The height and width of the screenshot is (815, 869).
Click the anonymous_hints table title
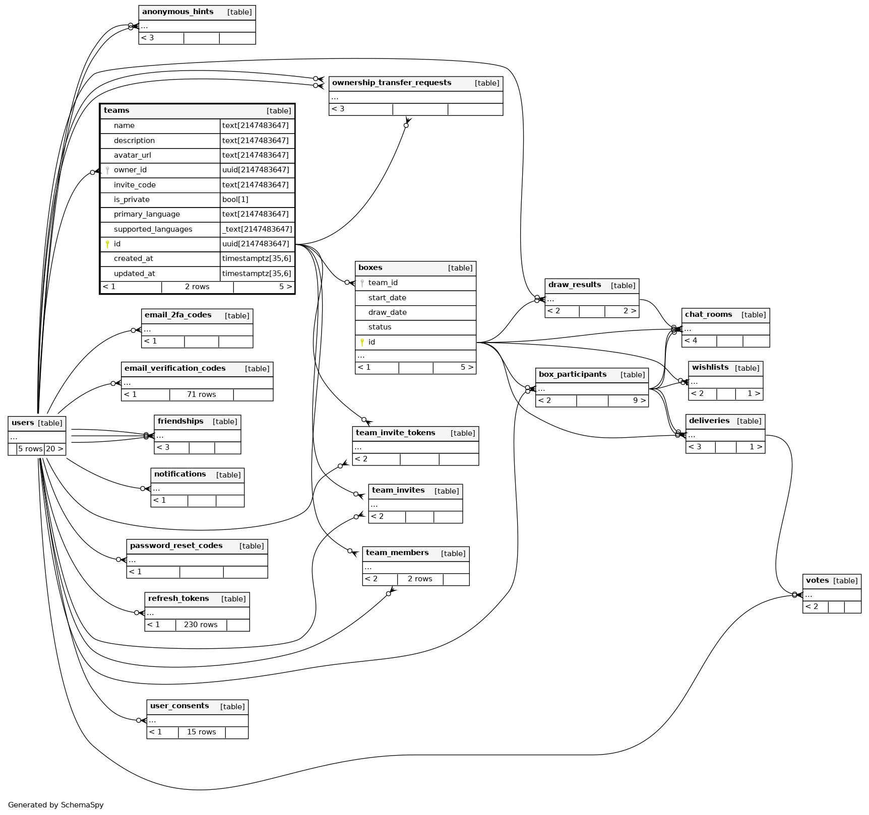177,12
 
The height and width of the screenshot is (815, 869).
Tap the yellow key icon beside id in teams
107,244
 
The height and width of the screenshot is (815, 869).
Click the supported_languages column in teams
153,229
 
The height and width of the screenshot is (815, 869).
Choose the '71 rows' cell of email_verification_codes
201,394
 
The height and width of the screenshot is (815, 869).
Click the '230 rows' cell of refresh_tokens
201,625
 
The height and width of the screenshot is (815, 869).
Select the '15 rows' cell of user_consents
201,732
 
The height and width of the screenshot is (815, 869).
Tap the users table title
23,423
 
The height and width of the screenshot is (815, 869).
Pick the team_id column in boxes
383,283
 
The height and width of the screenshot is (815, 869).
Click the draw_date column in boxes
387,312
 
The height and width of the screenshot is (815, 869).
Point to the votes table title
817,581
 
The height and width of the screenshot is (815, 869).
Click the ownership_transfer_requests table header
392,83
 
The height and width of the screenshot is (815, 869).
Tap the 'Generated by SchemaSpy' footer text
55,805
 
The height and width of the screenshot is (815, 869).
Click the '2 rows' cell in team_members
420,579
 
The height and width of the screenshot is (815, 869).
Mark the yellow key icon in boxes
362,343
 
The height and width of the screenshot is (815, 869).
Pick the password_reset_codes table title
176,546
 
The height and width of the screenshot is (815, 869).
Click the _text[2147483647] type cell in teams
257,229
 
